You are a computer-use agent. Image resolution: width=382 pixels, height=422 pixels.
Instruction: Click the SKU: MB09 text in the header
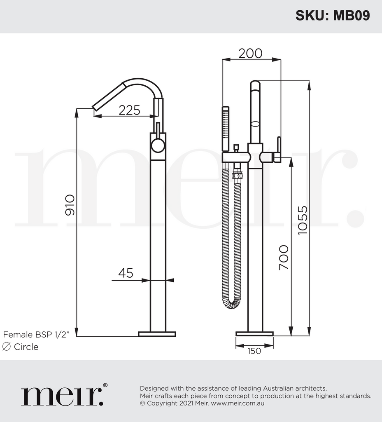coord(333,15)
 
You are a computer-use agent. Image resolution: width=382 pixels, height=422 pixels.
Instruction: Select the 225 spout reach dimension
coord(129,110)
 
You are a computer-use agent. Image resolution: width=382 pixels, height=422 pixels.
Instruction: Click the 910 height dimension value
coord(70,205)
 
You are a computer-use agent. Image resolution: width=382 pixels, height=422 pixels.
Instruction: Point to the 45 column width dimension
coord(126,272)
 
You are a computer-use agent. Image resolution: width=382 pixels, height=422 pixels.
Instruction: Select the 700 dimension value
coord(284,257)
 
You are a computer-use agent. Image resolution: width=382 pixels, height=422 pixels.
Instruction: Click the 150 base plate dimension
coord(254,351)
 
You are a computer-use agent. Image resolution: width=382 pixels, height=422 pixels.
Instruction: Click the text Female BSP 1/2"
coord(40,334)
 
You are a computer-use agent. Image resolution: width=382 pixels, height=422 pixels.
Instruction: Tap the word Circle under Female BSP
coord(26,347)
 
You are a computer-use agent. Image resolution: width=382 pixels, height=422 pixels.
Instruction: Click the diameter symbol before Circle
coord(6,347)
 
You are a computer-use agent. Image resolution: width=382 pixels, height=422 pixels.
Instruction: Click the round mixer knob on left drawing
coord(158,146)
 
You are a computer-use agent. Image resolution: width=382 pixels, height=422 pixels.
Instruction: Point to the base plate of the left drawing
coord(157,334)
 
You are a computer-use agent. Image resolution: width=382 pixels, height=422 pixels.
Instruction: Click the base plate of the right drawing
coord(254,333)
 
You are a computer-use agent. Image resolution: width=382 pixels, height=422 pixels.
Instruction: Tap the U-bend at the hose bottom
coord(232,304)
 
